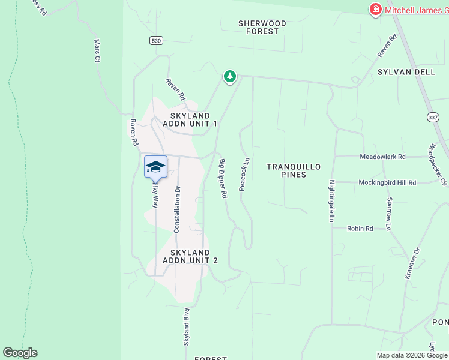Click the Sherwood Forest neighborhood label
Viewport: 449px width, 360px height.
[x=262, y=27]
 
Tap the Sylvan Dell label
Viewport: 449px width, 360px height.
[x=406, y=72]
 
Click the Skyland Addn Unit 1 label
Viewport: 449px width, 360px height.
[x=190, y=119]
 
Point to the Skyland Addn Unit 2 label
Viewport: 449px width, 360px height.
[x=190, y=256]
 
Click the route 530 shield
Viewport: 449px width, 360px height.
[x=156, y=40]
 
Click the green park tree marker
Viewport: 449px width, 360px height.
[x=229, y=77]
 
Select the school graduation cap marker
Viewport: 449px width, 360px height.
[x=155, y=166]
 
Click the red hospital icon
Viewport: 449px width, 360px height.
[x=375, y=9]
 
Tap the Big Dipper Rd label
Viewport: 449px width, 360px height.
[x=223, y=179]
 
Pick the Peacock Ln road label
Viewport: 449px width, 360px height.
[x=244, y=175]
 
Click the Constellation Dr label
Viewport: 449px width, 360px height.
[x=177, y=209]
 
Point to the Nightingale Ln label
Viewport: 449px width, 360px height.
[x=331, y=202]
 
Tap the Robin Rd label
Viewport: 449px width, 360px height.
[x=360, y=229]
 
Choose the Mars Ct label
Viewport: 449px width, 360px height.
[x=97, y=51]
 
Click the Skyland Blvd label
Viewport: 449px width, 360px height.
[x=186, y=326]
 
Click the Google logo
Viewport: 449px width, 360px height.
[x=20, y=353]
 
